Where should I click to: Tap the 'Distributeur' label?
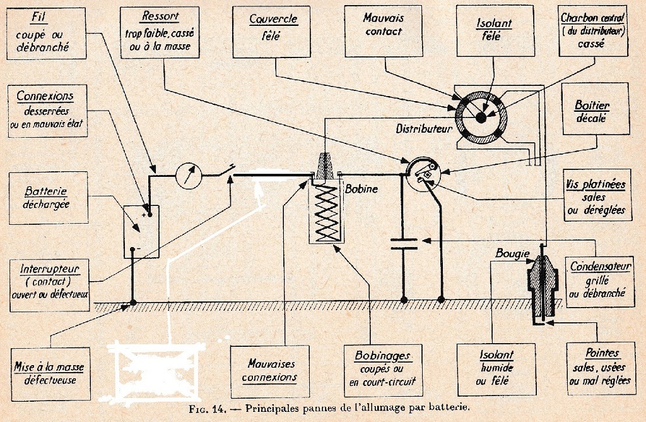(x=425, y=129)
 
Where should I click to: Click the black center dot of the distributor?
(x=481, y=116)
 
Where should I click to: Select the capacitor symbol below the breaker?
(x=404, y=243)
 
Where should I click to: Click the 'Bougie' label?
(x=512, y=254)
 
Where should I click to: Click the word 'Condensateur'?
(x=600, y=267)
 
